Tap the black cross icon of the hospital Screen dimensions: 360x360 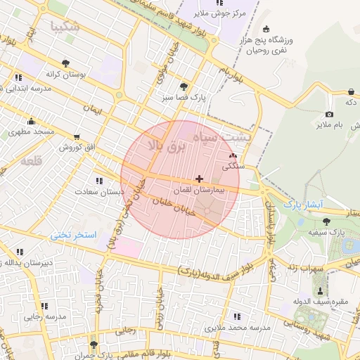point(200,179)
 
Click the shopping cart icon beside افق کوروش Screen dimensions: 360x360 point(76,137)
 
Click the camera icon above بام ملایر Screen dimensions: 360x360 point(329,115)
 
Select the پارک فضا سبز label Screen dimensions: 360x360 point(182,98)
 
